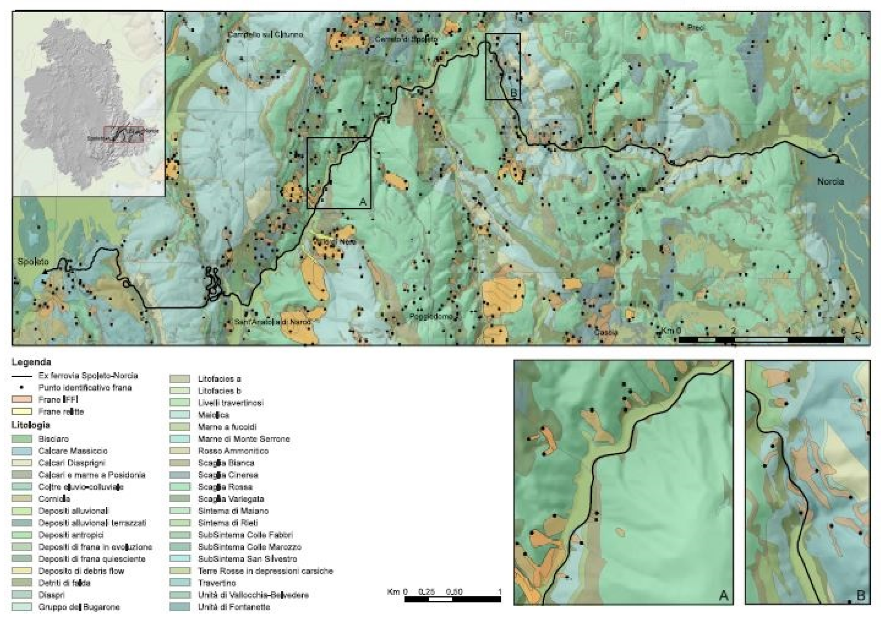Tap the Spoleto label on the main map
pos(33,262)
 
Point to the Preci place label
pos(696,28)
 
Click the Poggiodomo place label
pos(431,316)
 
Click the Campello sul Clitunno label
pos(265,35)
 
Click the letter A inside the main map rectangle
pos(362,201)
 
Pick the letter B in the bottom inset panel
pos(860,596)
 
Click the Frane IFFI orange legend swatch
pos(22,399)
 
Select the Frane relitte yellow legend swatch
pos(22,411)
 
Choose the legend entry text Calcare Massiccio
pos(73,451)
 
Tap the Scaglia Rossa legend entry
pos(225,487)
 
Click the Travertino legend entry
pos(217,583)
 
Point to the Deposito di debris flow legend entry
pos(81,570)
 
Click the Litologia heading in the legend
pos(31,425)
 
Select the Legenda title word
pos(31,362)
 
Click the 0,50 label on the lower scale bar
pos(454,591)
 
